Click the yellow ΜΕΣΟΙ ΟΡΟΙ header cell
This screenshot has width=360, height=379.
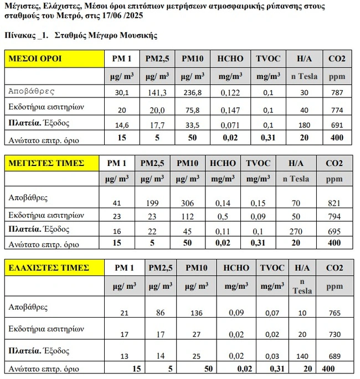point(54,59)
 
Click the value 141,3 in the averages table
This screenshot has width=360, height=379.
point(158,93)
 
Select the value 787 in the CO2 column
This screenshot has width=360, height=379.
point(335,93)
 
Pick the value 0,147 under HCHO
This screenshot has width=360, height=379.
point(229,110)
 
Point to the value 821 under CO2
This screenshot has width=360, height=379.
point(334,203)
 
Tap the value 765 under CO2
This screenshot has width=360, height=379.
point(334,313)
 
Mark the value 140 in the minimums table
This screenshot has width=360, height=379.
point(302,357)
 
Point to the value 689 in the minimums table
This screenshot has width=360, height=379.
point(334,357)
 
